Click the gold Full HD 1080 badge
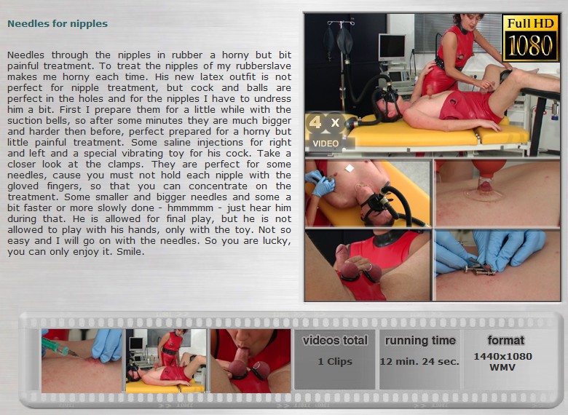pyautogui.click(x=530, y=38)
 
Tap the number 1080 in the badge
pyautogui.click(x=530, y=46)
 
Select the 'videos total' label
pyautogui.click(x=335, y=341)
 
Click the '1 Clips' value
pyautogui.click(x=335, y=362)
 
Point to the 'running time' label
pyautogui.click(x=420, y=341)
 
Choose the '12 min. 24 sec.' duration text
pyautogui.click(x=419, y=361)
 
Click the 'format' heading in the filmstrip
pyautogui.click(x=505, y=341)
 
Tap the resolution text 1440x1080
pyautogui.click(x=502, y=356)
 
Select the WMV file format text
pyautogui.click(x=502, y=367)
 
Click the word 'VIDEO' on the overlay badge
pyautogui.click(x=326, y=143)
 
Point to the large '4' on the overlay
pyautogui.click(x=315, y=122)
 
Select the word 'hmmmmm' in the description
pyautogui.click(x=190, y=207)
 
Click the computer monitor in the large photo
pyautogui.click(x=393, y=48)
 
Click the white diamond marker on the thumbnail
pyautogui.click(x=350, y=168)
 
